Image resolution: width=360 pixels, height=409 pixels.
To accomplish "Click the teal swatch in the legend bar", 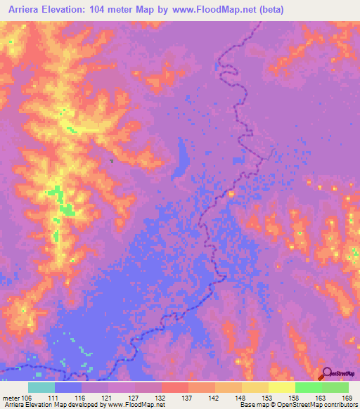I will [x=41, y=387].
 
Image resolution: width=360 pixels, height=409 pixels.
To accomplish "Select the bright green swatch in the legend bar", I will [x=309, y=387].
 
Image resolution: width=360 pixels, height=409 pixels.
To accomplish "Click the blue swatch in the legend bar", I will [x=68, y=387].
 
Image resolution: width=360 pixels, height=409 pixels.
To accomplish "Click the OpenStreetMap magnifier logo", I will [x=328, y=374].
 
